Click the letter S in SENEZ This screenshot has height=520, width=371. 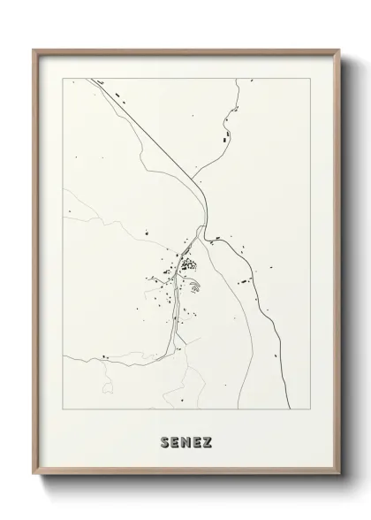coord(166,440)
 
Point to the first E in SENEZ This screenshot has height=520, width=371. coord(177,440)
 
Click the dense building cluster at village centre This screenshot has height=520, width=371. coord(187,263)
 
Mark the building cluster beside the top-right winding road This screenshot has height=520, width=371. coord(225,137)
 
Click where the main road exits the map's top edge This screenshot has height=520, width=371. coord(91,79)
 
